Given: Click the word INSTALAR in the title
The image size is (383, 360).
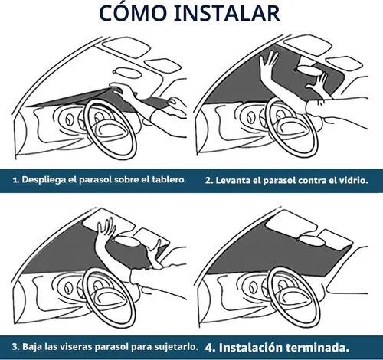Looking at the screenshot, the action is [x=227, y=13].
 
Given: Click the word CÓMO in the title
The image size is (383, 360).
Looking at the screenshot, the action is [x=133, y=12].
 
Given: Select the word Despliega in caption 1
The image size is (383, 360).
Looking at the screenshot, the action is [x=44, y=180].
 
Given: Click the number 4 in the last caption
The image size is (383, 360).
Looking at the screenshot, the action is [x=210, y=348].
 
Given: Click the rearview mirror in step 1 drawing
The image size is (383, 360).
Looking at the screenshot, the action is [x=127, y=73].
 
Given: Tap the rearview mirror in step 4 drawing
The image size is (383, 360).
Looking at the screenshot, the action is [x=311, y=240].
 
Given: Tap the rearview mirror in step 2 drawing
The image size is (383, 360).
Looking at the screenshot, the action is [x=309, y=70].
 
